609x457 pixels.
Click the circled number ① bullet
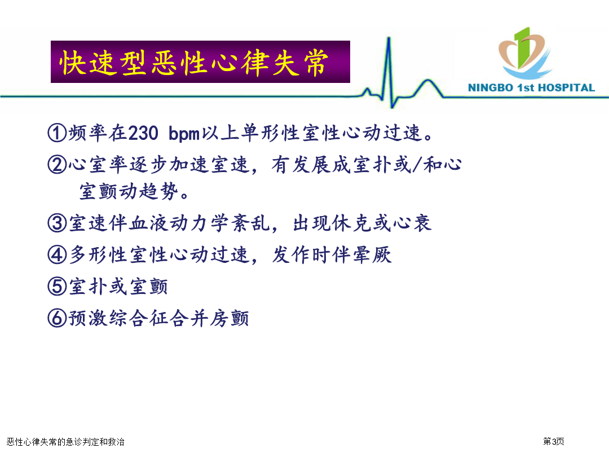[57, 133]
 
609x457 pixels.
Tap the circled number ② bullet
[57, 165]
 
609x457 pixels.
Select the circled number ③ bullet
[57, 223]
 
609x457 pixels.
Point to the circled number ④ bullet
[57, 256]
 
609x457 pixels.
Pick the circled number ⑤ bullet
[57, 287]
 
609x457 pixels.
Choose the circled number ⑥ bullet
[57, 319]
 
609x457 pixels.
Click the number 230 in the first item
[143, 133]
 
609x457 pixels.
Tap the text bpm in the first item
[184, 134]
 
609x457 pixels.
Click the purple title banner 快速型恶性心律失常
[200, 62]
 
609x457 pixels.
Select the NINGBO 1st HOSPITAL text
[531, 88]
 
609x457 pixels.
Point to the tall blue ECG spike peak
[389, 38]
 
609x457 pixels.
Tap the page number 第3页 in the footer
[554, 441]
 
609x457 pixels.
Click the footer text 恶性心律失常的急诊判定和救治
[65, 442]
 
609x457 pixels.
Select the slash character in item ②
[417, 165]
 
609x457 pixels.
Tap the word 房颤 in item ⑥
[230, 319]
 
